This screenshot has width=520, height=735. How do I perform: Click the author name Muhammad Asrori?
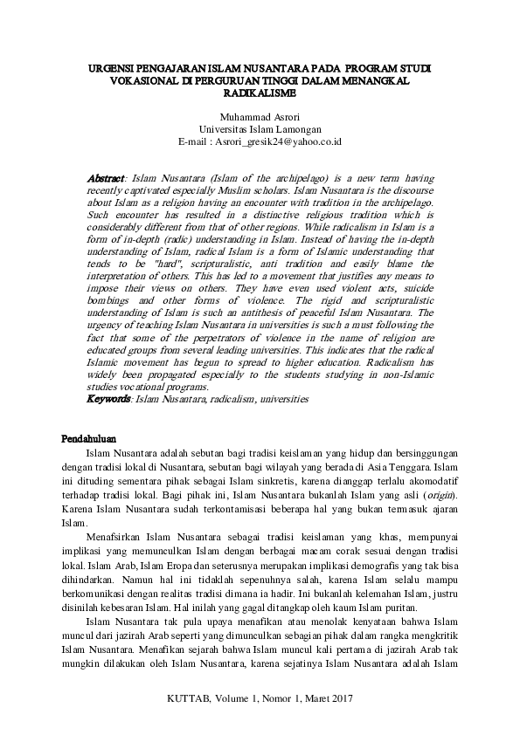click(260, 114)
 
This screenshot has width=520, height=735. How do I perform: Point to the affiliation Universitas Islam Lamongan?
click(260, 127)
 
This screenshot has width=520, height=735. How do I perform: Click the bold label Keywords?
click(109, 398)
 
